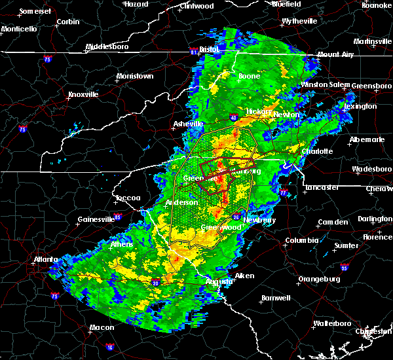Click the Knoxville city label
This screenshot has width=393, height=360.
[83, 94]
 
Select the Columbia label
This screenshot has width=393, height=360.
[302, 240]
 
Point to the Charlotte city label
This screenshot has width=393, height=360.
[318, 151]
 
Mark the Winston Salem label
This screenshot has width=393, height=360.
[326, 85]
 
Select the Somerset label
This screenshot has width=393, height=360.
[35, 12]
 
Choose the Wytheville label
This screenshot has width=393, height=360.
[299, 21]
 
